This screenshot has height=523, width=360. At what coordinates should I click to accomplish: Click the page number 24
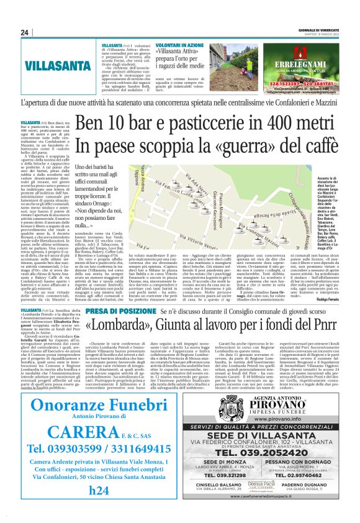pyautogui.click(x=25, y=33)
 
